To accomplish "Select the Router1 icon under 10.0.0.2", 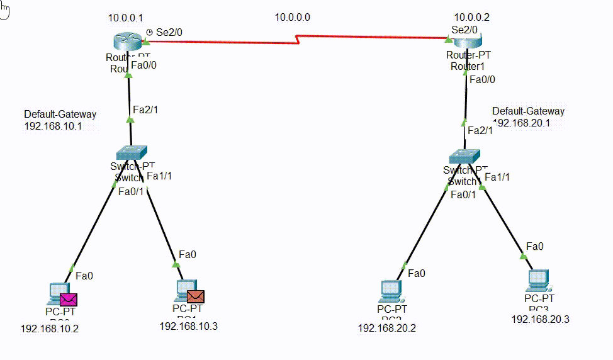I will pyautogui.click(x=466, y=42).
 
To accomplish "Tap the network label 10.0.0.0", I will pyautogui.click(x=292, y=18).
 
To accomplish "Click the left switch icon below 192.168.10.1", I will pyautogui.click(x=132, y=152).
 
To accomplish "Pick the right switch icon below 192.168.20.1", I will pyautogui.click(x=464, y=156).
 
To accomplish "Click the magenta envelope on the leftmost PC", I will pyautogui.click(x=68, y=299).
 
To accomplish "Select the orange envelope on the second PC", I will pyautogui.click(x=196, y=296).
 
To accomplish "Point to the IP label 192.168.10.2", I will pyautogui.click(x=50, y=329).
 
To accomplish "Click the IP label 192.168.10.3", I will pyautogui.click(x=188, y=326).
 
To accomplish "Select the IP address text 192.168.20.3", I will pyautogui.click(x=540, y=320).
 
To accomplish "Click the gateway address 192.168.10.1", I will pyautogui.click(x=53, y=126).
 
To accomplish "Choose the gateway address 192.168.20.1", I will pyautogui.click(x=522, y=123).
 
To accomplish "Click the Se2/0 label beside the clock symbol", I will pyautogui.click(x=169, y=31).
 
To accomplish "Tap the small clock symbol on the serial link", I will pyautogui.click(x=149, y=31).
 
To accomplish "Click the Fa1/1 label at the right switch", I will pyautogui.click(x=497, y=177).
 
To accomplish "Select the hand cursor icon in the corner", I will pyautogui.click(x=4, y=11).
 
